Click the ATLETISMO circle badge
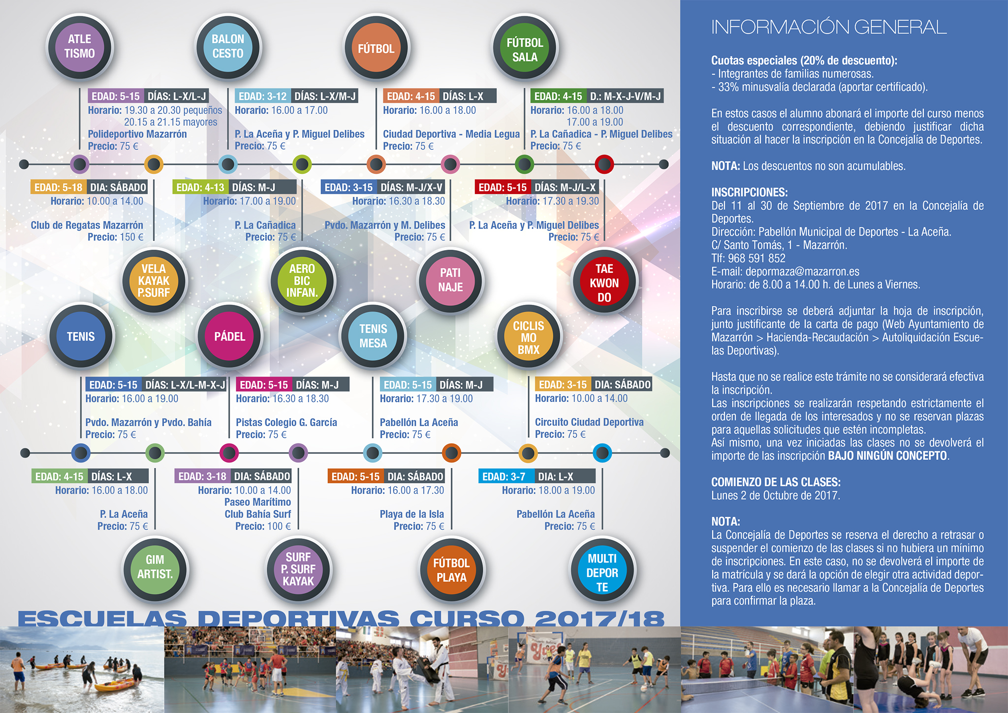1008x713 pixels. click(80, 47)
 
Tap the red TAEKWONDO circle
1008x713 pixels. click(604, 282)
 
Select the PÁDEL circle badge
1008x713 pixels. click(229, 336)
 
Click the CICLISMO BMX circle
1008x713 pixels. click(529, 337)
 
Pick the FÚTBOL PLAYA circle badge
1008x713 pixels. click(451, 570)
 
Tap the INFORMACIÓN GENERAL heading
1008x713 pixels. click(829, 27)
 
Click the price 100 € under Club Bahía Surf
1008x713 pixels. click(279, 526)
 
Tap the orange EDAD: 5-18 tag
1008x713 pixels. click(58, 187)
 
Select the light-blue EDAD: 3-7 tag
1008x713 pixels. click(504, 477)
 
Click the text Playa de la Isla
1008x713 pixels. click(411, 514)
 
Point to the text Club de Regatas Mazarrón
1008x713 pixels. click(87, 225)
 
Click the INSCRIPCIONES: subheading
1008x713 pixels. click(750, 192)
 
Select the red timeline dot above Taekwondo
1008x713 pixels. click(604, 164)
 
